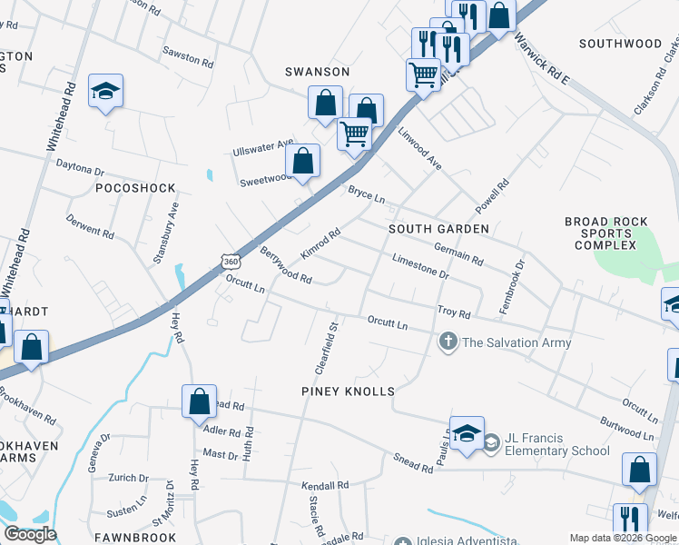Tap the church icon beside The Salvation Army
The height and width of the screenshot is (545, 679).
click(448, 342)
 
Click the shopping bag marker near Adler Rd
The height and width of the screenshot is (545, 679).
click(199, 401)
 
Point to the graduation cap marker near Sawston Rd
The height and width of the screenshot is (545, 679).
click(105, 91)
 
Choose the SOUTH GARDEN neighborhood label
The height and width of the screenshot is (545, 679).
click(438, 229)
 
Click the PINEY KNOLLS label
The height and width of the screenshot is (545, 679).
click(348, 391)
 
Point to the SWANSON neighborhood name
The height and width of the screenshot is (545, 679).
click(317, 71)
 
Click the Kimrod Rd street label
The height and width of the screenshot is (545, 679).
click(320, 242)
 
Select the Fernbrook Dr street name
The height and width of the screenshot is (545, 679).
click(513, 288)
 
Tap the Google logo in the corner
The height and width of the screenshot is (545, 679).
click(30, 534)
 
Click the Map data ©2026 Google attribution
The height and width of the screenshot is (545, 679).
click(623, 538)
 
